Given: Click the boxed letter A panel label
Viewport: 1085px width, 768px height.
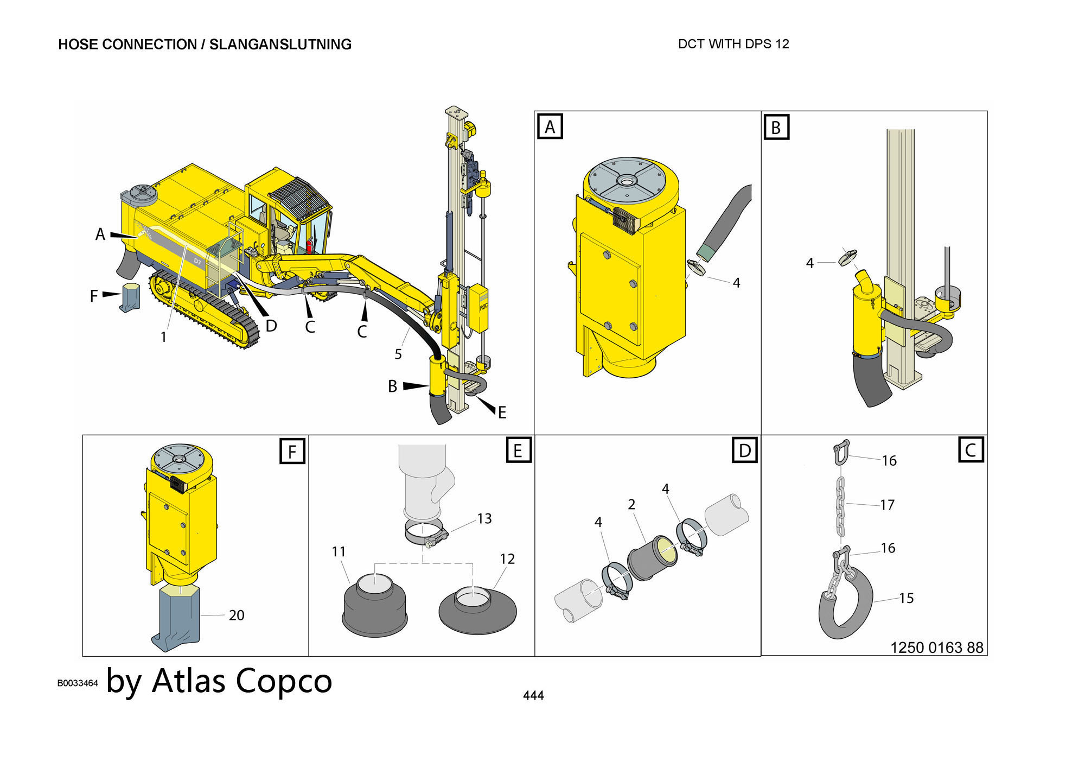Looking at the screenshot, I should (x=550, y=126).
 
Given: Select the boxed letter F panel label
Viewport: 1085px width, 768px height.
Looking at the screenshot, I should (x=292, y=451).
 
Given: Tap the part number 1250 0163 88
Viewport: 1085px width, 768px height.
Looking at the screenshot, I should (x=936, y=648).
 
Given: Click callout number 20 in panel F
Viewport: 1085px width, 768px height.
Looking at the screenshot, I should (x=236, y=615).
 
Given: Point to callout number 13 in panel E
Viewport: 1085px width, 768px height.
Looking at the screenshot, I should (x=484, y=519).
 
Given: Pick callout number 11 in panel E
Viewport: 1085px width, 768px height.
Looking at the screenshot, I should (x=339, y=551).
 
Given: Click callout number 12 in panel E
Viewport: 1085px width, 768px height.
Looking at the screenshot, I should (x=507, y=558).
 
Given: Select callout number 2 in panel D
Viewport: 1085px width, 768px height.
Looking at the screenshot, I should (x=631, y=504).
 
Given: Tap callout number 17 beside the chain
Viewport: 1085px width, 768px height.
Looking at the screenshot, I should (x=887, y=505).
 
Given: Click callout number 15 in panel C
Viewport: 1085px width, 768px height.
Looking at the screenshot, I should (x=906, y=598).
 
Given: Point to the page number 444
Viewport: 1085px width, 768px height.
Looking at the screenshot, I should (x=533, y=695).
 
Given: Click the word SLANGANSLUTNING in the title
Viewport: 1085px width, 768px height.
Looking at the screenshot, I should (x=280, y=45).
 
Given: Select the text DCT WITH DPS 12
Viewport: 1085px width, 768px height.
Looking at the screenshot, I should (x=733, y=44).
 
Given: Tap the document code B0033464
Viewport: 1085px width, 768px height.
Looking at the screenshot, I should (x=78, y=683).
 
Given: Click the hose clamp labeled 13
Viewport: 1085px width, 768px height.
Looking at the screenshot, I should (x=427, y=534).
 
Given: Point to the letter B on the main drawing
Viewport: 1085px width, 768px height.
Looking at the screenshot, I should (x=392, y=386).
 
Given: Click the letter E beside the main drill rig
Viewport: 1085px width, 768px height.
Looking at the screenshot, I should (x=502, y=412).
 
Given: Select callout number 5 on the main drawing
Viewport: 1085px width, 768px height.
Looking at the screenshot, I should (x=398, y=354).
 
